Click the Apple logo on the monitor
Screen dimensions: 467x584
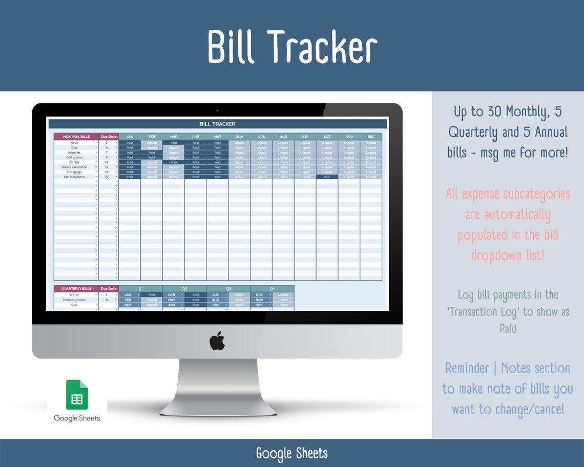click(217, 341)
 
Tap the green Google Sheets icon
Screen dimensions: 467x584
click(77, 395)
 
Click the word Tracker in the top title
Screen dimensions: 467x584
click(322, 47)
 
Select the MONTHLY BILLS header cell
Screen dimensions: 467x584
click(76, 137)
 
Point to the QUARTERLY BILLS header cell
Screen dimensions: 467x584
click(76, 288)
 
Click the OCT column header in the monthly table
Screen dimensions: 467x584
click(327, 137)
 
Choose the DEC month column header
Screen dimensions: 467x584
click(370, 137)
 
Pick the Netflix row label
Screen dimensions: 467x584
click(74, 162)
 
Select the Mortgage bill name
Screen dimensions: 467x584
click(74, 172)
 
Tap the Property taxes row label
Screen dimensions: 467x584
click(74, 300)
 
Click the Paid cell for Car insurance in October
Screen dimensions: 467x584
click(327, 177)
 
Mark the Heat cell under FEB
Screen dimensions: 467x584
click(152, 143)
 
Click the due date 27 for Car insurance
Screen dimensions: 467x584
click(107, 177)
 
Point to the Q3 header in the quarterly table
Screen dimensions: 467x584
click(228, 288)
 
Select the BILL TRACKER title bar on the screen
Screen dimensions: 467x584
click(217, 124)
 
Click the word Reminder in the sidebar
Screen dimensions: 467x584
click(467, 368)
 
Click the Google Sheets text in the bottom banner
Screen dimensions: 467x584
click(291, 453)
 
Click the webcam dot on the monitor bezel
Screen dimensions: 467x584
click(217, 110)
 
